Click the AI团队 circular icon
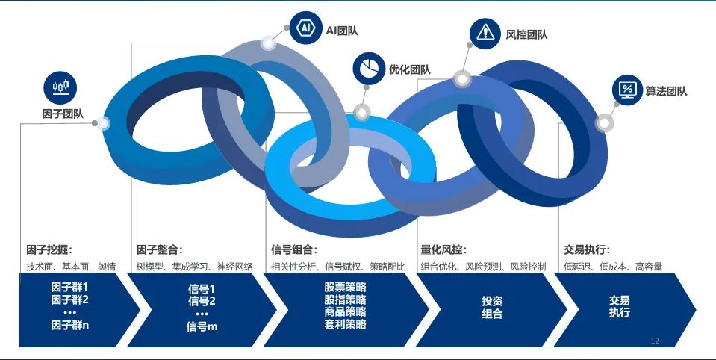pos(306,28)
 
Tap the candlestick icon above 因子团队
pos(60,87)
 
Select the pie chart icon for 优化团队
pos(369,69)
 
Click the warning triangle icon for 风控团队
pos(485,33)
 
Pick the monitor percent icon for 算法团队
pos(628,90)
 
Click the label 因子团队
pos(63,114)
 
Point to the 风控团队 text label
pos(526,34)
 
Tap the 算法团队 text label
pos(666,91)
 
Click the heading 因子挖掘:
pos(49,250)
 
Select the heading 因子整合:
pos(159,250)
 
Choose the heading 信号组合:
pos(294,250)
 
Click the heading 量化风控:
pos(443,250)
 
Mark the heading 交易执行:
pos(587,250)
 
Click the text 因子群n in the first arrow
pos(70,326)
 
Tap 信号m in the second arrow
pos(202,326)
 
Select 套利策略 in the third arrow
pos(345,325)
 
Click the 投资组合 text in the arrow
pos(492,308)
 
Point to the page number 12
pos(655,341)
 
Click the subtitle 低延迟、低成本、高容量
pos(613,267)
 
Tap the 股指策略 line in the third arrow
pos(345,300)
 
